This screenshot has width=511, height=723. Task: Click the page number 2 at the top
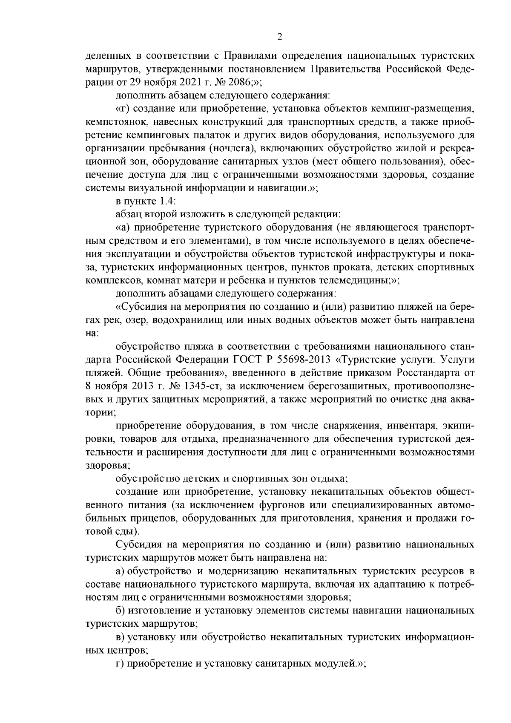[x=279, y=37]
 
